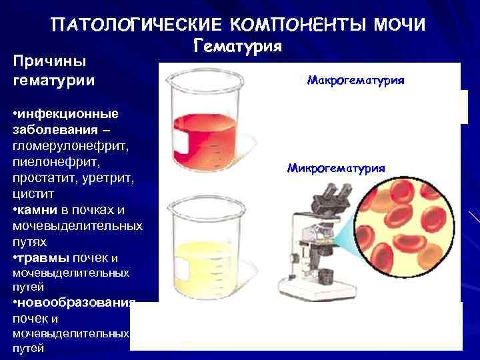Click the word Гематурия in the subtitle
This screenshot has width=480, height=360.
(239, 45)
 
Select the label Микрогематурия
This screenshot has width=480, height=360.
(335, 168)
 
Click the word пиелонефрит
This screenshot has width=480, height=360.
(49, 162)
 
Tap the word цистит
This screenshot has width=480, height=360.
(31, 193)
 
